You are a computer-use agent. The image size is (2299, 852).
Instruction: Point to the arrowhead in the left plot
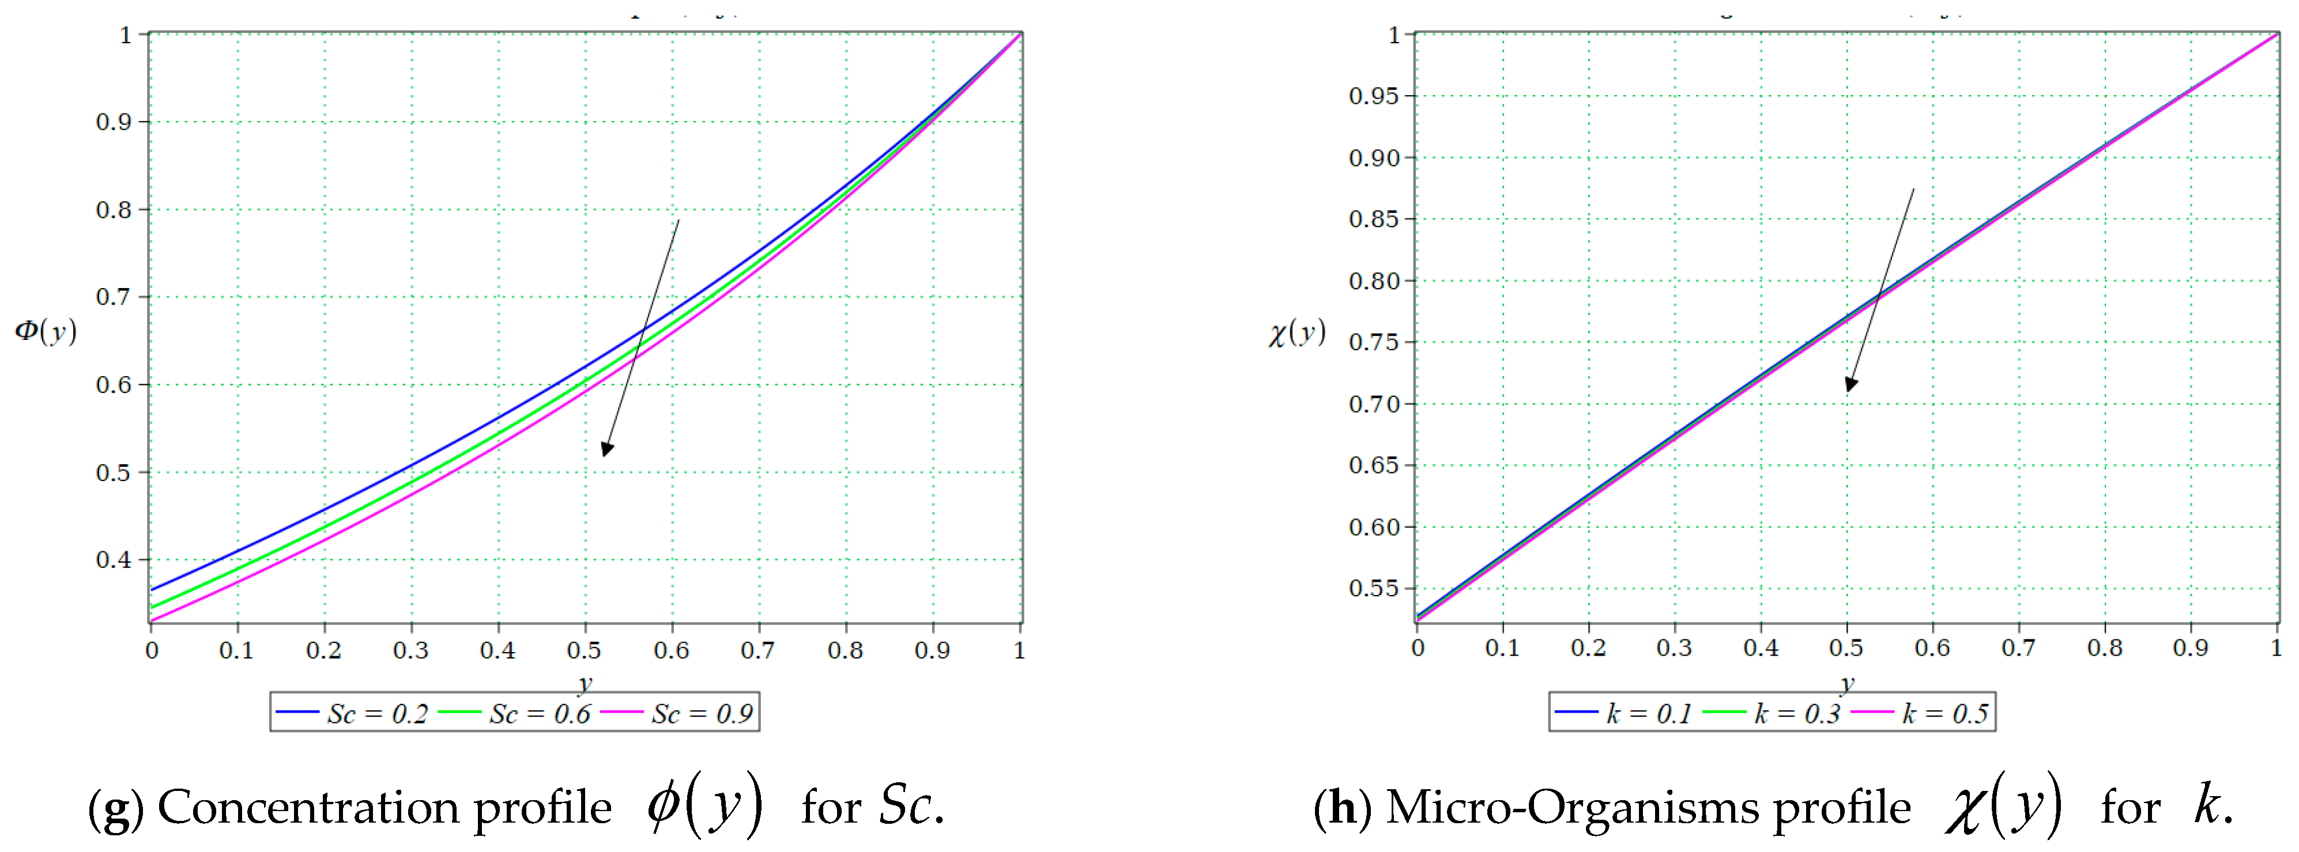tap(607, 449)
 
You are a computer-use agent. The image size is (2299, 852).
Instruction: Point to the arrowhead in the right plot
tap(1851, 384)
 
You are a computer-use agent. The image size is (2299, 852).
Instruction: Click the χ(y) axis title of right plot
tap(1297, 334)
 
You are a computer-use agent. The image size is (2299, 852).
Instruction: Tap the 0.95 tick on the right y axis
tap(1374, 96)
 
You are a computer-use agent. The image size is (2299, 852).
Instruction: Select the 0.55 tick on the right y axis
tap(1374, 589)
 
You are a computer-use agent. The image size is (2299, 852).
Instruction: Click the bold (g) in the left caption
tap(115, 808)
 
